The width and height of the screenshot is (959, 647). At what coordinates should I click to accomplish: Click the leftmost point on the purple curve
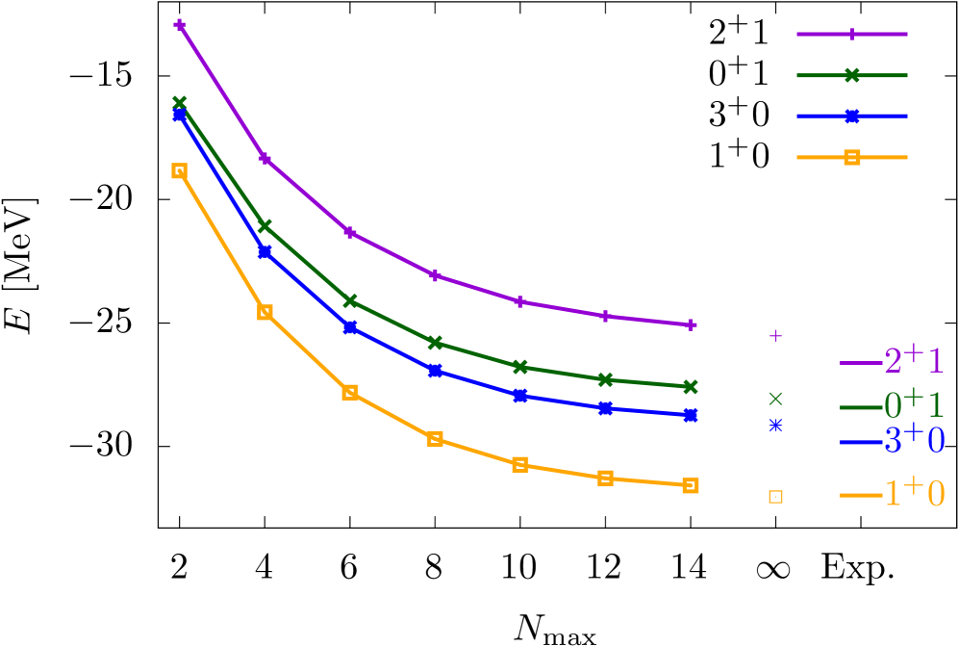180,25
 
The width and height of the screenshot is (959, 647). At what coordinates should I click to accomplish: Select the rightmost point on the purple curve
691,324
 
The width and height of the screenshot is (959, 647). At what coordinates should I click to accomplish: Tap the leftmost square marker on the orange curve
180,170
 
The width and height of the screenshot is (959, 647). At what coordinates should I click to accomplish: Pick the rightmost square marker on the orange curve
691,485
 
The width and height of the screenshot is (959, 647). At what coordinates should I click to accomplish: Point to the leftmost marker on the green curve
180,102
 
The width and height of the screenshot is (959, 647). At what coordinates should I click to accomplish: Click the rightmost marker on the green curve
691,386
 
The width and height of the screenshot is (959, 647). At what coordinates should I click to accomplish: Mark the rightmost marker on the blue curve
691,415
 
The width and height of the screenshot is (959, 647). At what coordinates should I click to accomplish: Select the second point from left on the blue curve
265,251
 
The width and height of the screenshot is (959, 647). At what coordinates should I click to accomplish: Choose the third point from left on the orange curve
350,392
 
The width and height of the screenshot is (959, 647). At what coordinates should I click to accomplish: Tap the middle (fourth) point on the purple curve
435,275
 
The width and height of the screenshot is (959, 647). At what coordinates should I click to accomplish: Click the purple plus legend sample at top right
851,34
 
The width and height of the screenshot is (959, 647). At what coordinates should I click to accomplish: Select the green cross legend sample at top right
851,75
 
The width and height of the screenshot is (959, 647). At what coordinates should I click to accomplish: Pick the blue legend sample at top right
851,116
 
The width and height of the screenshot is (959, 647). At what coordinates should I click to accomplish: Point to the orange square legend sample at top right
851,157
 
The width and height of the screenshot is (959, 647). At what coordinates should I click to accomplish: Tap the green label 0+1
914,402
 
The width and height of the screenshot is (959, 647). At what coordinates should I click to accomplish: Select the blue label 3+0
914,440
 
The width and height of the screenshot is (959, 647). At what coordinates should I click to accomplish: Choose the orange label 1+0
914,493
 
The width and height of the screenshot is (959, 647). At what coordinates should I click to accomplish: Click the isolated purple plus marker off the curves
775,335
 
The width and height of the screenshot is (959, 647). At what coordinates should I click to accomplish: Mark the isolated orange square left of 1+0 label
775,497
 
